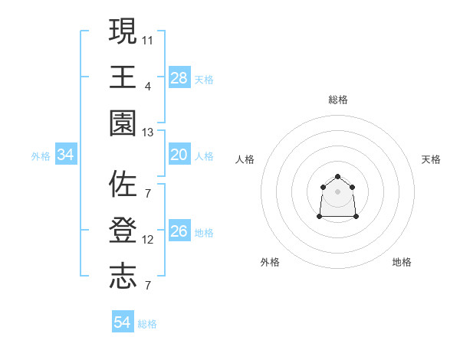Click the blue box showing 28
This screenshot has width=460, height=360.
pyautogui.click(x=179, y=78)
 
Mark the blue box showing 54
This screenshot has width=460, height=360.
pyautogui.click(x=123, y=322)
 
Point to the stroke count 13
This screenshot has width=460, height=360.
pyautogui.click(x=148, y=133)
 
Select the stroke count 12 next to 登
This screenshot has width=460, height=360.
pyautogui.click(x=148, y=240)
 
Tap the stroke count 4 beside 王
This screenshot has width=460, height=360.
pyautogui.click(x=148, y=86)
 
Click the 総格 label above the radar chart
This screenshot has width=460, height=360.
pyautogui.click(x=337, y=100)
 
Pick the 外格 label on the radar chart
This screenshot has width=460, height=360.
pyautogui.click(x=270, y=262)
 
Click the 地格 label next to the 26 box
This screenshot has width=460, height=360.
pyautogui.click(x=204, y=233)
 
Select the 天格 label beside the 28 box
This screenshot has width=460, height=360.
pyautogui.click(x=204, y=79)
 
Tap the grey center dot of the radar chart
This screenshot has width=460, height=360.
pyautogui.click(x=337, y=191)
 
